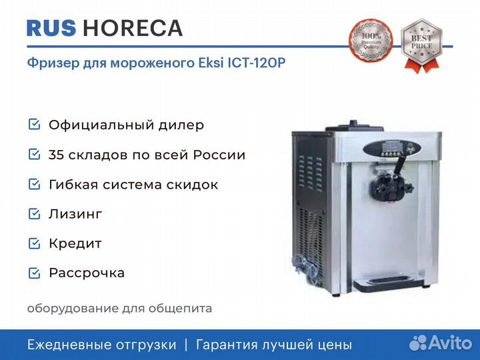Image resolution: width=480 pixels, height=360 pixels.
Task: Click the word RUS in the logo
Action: point(51,28)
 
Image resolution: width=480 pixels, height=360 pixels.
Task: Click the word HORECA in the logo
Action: point(133,28)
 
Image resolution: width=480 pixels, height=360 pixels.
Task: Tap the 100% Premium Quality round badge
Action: point(371,41)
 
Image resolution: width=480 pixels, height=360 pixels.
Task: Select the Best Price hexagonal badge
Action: point(421,45)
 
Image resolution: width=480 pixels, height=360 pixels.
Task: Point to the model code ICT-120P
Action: point(256,63)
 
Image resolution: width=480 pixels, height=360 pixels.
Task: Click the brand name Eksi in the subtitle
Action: point(211,63)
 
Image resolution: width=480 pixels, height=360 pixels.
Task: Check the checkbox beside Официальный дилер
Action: point(34,124)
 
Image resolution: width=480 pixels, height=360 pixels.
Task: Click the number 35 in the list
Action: point(56,155)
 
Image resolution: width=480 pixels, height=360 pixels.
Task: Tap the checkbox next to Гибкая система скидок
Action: point(34,184)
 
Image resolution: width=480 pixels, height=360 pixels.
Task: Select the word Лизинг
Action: point(75,214)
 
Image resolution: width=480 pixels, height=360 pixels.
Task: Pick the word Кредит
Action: point(75,244)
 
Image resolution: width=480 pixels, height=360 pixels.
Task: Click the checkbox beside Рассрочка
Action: point(34,273)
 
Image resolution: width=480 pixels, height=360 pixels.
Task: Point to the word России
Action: point(219,155)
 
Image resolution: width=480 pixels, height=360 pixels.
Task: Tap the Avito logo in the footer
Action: point(441,343)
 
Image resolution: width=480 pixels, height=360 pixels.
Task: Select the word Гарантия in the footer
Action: point(227,345)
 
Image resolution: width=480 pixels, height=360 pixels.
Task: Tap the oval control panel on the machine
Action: point(392,149)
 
